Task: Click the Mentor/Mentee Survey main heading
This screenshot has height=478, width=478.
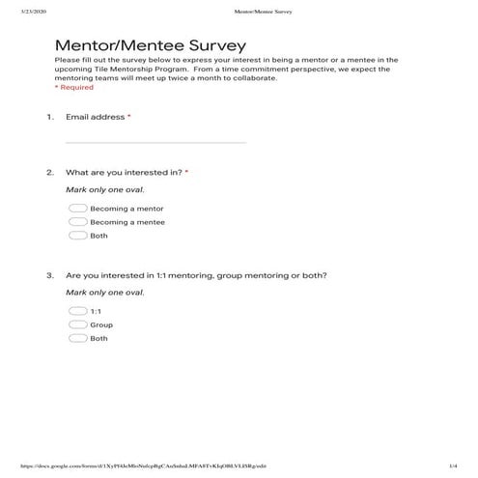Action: coord(150,45)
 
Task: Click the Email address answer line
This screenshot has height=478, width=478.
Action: coord(155,141)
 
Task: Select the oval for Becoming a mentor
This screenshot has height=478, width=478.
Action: coord(78,208)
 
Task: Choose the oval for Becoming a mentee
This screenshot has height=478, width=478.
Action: coord(78,221)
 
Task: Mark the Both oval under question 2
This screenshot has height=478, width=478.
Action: coord(78,235)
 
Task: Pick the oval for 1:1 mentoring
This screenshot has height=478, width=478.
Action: coord(78,311)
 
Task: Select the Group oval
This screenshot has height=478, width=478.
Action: coord(78,324)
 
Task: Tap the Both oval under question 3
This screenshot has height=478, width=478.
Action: coord(78,338)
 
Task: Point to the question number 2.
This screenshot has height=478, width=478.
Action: coord(49,173)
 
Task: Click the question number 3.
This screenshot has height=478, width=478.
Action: coord(49,275)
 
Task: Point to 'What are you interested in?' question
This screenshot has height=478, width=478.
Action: coord(124,173)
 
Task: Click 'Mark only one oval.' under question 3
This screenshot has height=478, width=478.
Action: coord(104,292)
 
